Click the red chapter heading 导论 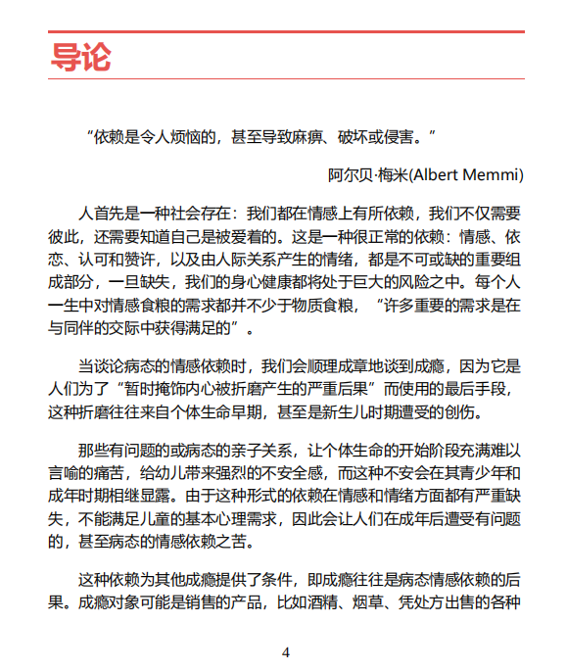[x=80, y=57]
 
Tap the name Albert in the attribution [x=436, y=174]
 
